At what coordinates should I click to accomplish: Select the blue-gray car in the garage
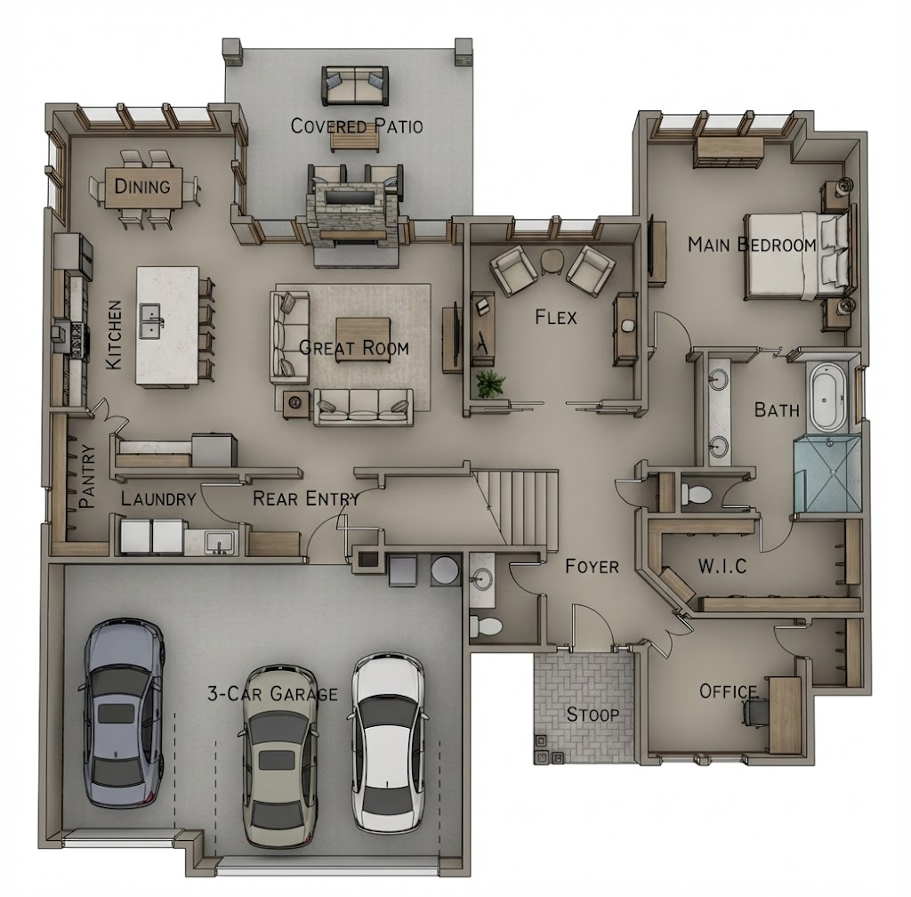(x=123, y=713)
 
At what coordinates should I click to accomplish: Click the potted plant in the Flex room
(x=489, y=384)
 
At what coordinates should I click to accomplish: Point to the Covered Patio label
(x=356, y=126)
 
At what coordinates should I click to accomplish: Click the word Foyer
(x=592, y=566)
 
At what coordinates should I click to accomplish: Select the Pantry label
(x=87, y=476)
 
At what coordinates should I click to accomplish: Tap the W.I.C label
(x=722, y=566)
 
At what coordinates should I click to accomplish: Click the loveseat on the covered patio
(x=355, y=86)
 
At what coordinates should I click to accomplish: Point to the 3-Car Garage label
(x=272, y=693)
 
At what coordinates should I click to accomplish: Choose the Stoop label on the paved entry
(x=593, y=714)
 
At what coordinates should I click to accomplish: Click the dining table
(x=143, y=187)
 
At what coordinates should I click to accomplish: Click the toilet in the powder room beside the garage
(x=485, y=626)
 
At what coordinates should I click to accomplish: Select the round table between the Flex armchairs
(x=552, y=261)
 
